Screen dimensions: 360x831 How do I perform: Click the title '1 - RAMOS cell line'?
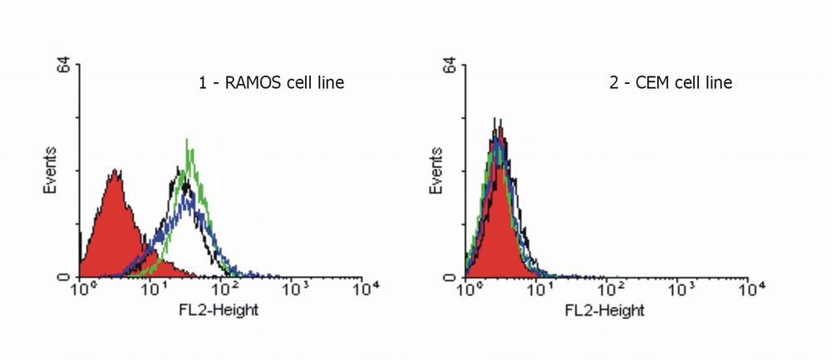point(271,82)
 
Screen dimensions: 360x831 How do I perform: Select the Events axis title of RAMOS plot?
point(51,170)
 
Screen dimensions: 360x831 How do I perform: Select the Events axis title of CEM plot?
point(440,170)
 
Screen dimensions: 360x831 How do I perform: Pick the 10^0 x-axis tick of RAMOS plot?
point(81,290)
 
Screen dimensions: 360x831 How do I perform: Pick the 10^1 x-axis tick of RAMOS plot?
point(152,290)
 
